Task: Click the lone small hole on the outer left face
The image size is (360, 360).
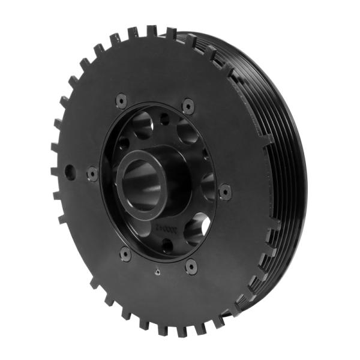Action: [70, 172]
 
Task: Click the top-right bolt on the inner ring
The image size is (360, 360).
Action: [188, 106]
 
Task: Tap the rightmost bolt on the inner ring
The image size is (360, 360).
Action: [225, 191]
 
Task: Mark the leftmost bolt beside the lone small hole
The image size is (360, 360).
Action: [92, 173]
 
